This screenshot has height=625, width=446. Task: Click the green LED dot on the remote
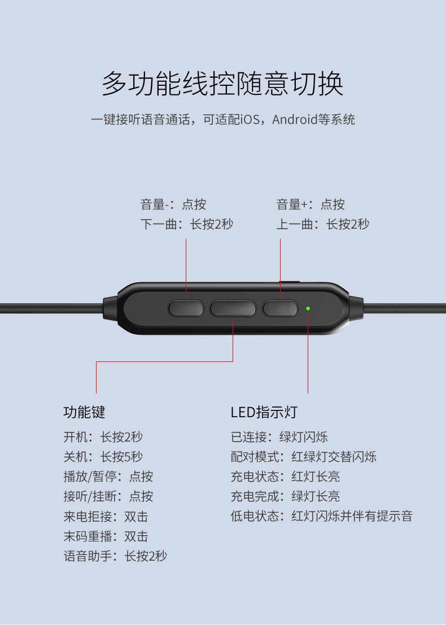308,308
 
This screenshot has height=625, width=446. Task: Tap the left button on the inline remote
186,308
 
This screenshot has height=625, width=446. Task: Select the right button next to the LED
280,308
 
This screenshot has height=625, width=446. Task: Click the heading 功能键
84,412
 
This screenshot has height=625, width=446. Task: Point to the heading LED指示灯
264,412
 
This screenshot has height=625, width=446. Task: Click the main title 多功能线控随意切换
222,84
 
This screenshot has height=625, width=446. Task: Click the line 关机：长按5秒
103,456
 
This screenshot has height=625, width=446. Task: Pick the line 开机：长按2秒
103,437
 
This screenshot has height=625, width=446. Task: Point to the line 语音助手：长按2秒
115,556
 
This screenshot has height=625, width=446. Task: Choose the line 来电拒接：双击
106,516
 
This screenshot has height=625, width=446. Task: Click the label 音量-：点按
173,204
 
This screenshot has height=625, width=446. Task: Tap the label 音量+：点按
311,204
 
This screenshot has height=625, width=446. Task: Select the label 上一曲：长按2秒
323,224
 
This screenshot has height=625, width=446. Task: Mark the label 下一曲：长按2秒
186,224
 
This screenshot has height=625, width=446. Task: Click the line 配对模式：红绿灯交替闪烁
303,456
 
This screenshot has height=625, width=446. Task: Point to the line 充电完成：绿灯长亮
285,496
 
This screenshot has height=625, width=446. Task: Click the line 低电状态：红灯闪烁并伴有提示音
321,516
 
